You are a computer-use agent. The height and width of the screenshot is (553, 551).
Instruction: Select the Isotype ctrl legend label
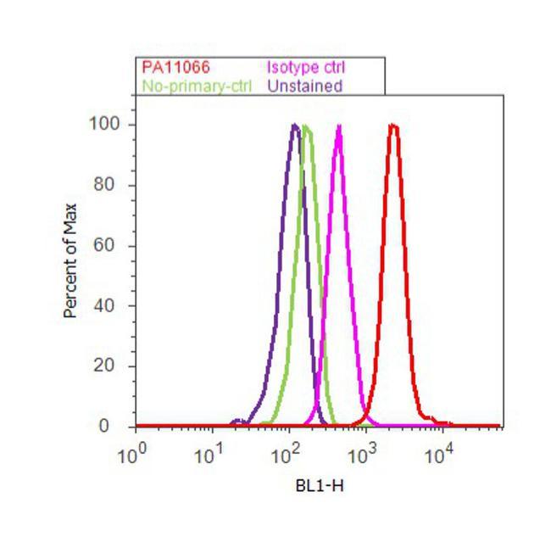click(306, 67)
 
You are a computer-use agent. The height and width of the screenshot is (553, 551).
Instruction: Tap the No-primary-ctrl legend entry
click(193, 86)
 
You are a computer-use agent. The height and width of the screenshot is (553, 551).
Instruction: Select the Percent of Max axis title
click(70, 260)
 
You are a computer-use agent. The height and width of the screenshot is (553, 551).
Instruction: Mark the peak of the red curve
click(393, 126)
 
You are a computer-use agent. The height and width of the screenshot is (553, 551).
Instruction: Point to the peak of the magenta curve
click(339, 126)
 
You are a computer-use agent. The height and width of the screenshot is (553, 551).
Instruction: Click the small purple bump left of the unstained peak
click(238, 421)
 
